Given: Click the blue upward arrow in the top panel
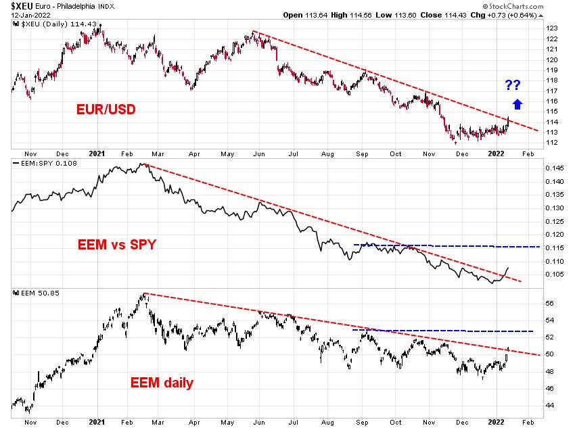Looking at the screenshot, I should tap(517, 103).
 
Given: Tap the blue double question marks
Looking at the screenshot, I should tap(513, 85).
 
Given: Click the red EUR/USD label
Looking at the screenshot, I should tap(104, 108).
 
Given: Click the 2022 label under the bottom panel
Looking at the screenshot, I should tap(498, 420).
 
